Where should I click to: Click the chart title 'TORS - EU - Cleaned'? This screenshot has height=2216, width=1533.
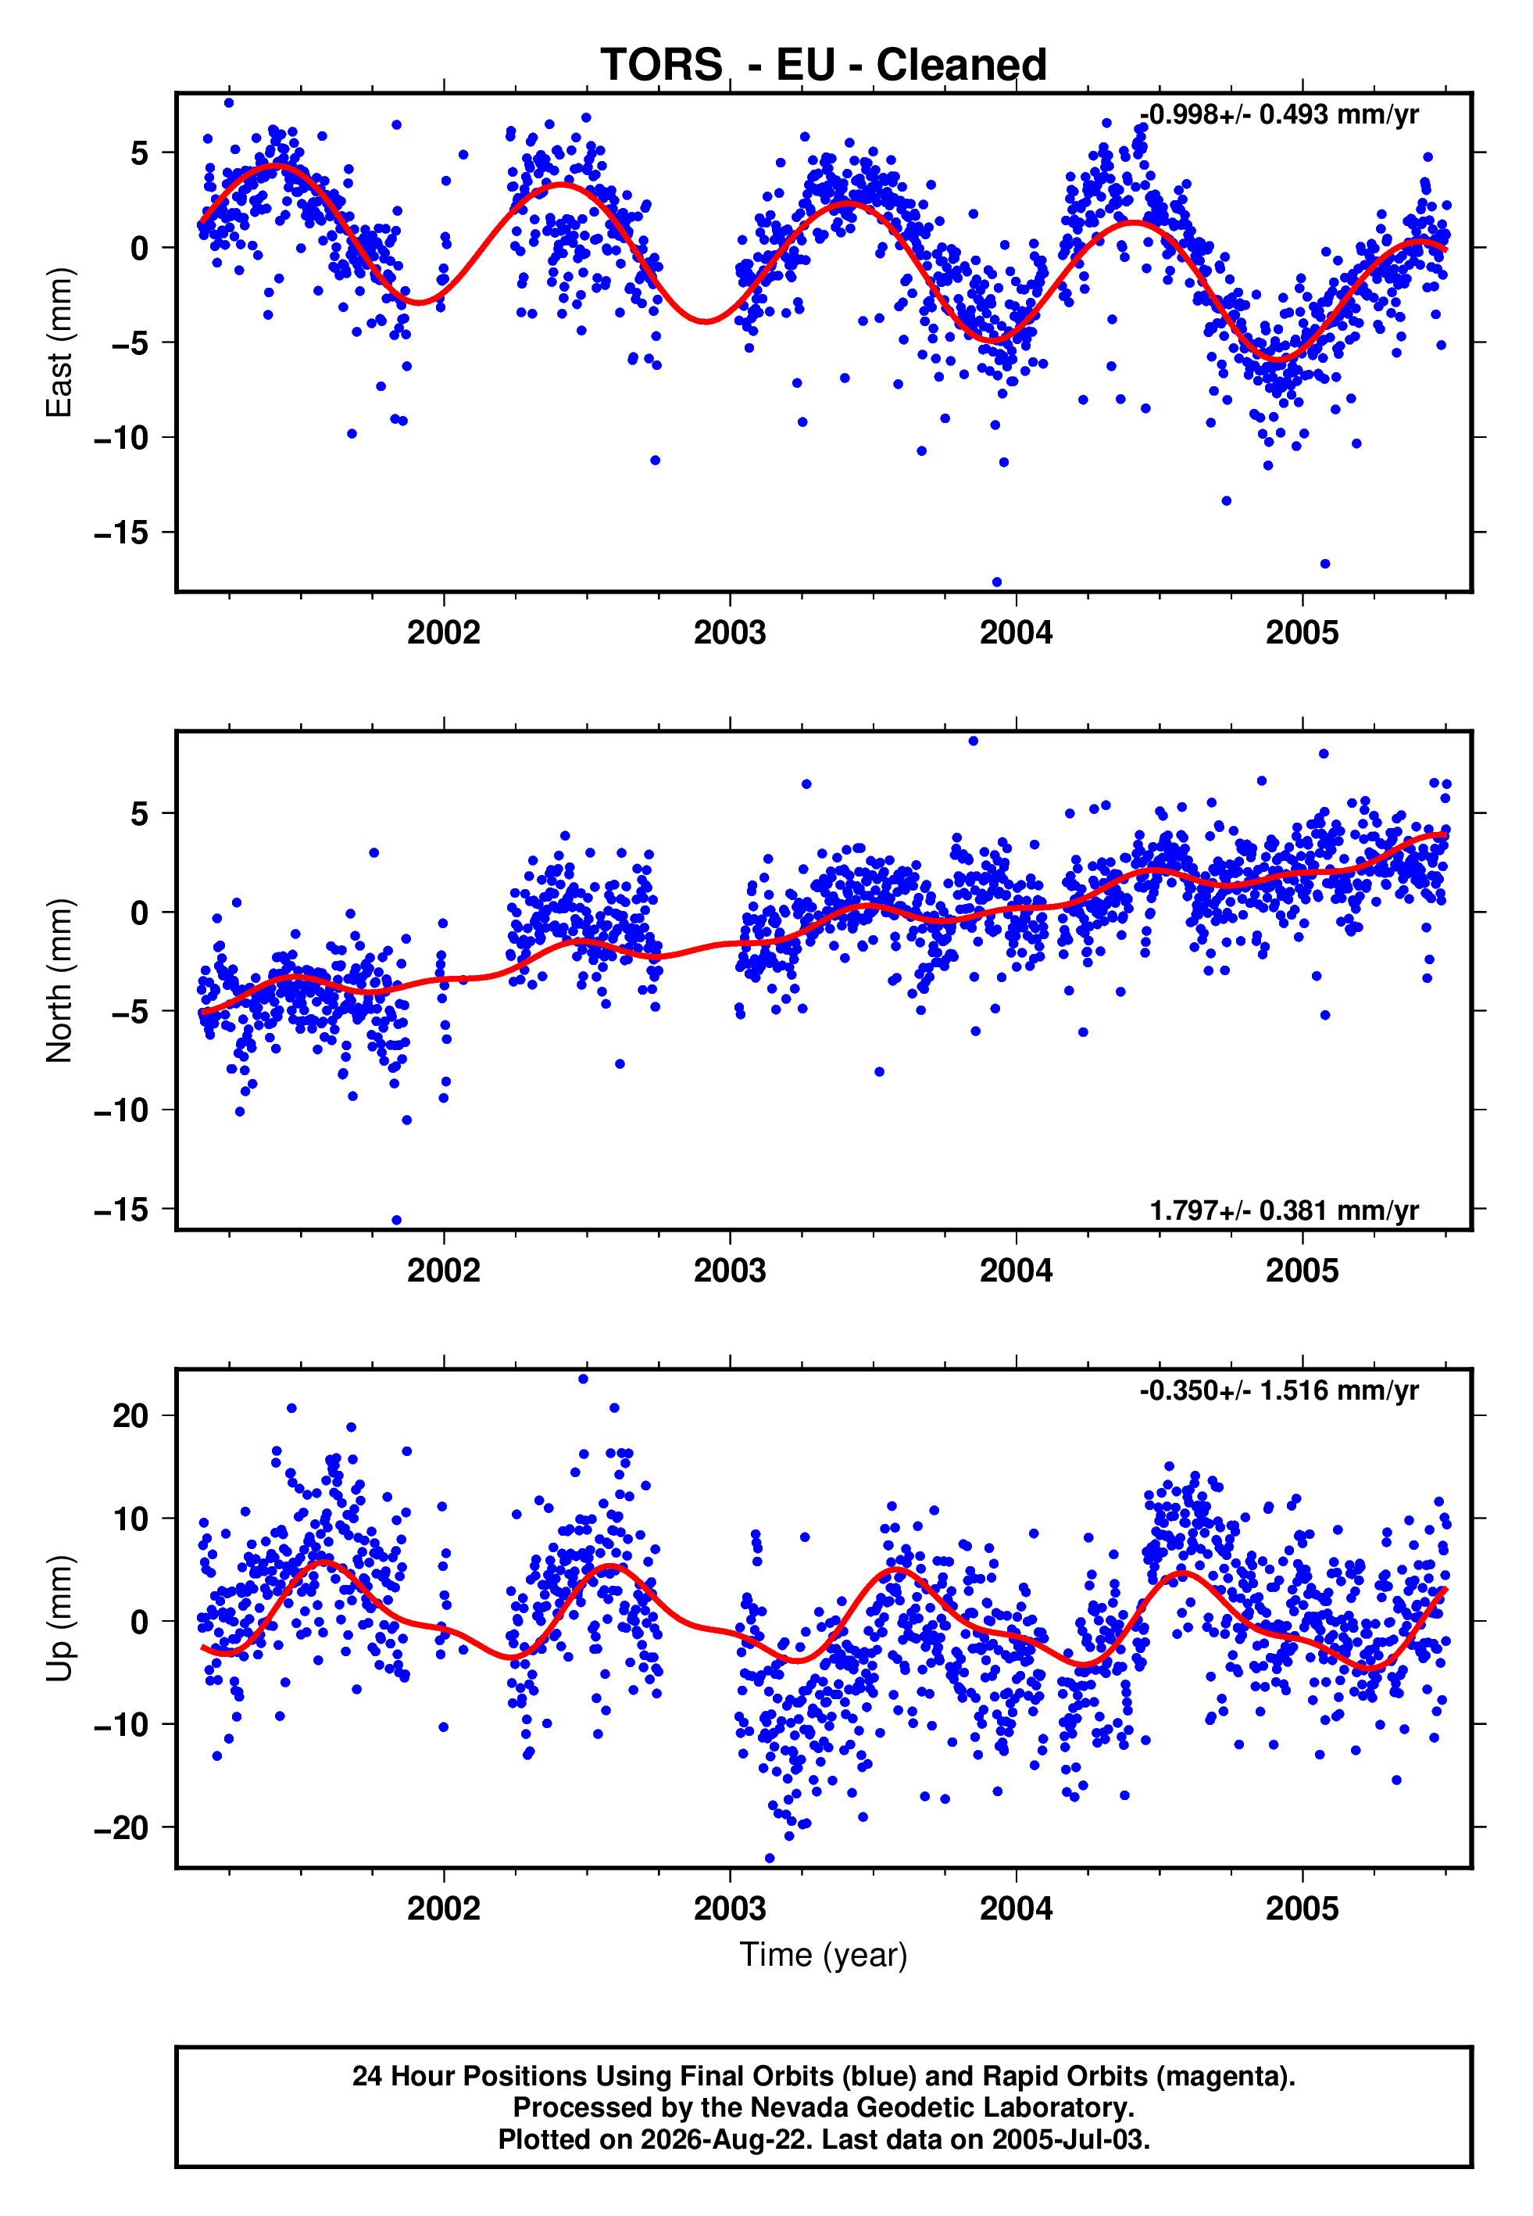tap(824, 66)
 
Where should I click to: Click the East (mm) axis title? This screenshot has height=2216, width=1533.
tap(59, 342)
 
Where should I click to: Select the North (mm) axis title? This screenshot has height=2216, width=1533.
tap(59, 981)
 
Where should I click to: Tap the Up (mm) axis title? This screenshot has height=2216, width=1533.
tap(59, 1619)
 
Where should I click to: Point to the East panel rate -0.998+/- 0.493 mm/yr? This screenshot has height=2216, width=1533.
tap(1278, 115)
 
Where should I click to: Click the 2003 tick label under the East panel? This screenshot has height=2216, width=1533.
tap(730, 633)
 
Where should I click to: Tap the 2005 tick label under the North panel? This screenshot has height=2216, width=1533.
tap(1302, 1271)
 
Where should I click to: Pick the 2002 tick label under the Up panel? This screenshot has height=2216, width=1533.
tap(444, 1909)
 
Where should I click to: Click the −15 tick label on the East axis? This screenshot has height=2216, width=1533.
tap(122, 532)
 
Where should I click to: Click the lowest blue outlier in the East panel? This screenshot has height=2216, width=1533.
tap(996, 583)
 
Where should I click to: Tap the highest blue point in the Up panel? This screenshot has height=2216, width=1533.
tap(583, 1379)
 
